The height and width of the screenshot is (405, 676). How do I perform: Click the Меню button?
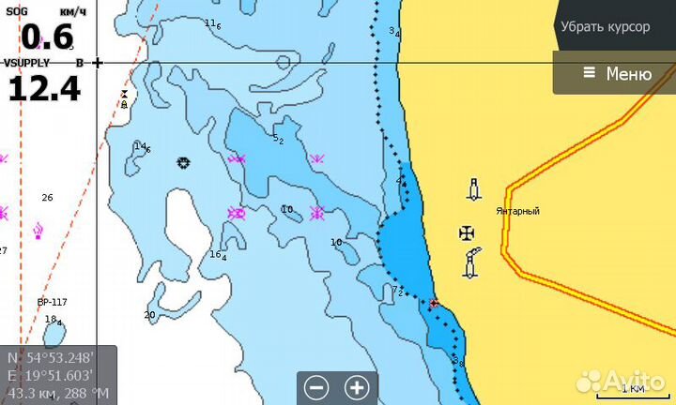pyautogui.click(x=616, y=73)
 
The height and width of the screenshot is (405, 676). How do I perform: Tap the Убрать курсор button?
pyautogui.click(x=605, y=26)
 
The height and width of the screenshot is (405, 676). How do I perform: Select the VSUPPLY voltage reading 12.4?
pyautogui.click(x=44, y=88)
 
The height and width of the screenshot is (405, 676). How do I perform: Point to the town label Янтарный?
pyautogui.click(x=517, y=211)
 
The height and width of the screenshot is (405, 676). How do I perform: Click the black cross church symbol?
pyautogui.click(x=467, y=232)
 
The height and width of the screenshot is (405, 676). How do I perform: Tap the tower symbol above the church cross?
pyautogui.click(x=474, y=189)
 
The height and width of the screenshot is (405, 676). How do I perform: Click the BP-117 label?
pyautogui.click(x=53, y=302)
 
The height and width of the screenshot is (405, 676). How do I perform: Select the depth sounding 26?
pyautogui.click(x=47, y=197)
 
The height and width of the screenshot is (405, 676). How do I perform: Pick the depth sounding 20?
pyautogui.click(x=149, y=315)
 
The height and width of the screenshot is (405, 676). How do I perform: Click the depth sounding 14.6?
pyautogui.click(x=142, y=147)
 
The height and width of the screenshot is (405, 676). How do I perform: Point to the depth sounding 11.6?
pyautogui.click(x=212, y=24)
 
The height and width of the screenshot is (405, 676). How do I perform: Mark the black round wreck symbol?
pyautogui.click(x=183, y=162)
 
